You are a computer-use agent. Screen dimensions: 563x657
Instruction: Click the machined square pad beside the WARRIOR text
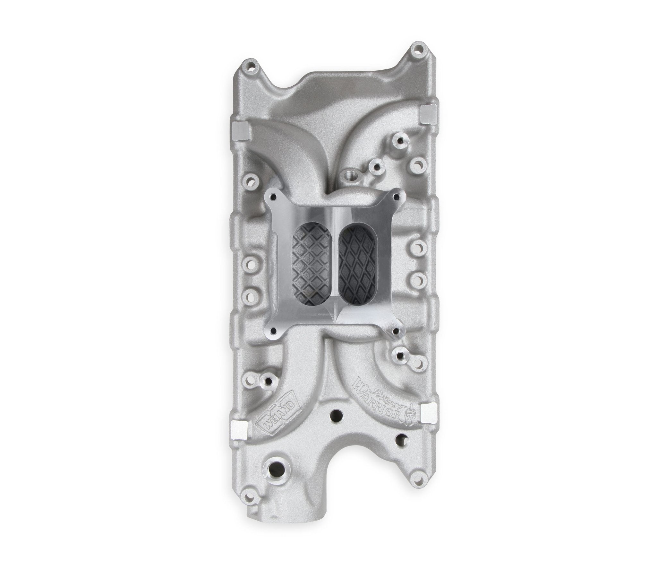(x=428, y=409)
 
